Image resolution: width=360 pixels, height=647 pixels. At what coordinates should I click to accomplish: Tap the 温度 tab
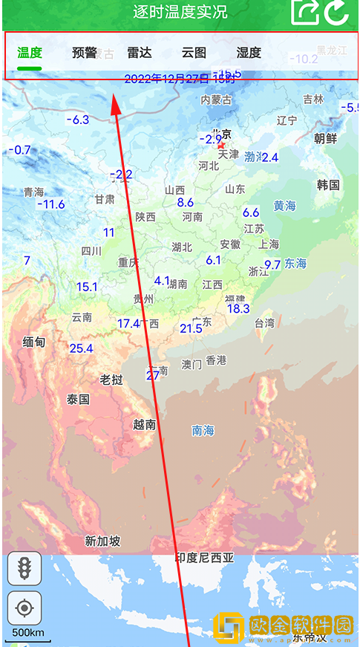[x=30, y=53]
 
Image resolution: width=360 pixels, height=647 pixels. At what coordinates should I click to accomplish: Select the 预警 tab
[x=85, y=53]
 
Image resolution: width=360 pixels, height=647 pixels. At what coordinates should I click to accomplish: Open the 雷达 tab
[x=139, y=53]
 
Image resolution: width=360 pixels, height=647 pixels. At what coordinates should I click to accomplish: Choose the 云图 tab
[x=194, y=53]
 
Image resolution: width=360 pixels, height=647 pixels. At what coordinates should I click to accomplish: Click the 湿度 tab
[x=249, y=53]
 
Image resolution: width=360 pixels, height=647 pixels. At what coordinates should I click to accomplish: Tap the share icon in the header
[x=304, y=12]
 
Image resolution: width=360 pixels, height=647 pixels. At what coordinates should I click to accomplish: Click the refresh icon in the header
[x=338, y=12]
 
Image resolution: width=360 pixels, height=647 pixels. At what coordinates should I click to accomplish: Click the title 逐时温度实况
[x=180, y=12]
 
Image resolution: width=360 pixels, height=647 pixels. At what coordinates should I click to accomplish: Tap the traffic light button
[x=24, y=569]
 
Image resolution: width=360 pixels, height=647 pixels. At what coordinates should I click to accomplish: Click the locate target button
[x=24, y=609]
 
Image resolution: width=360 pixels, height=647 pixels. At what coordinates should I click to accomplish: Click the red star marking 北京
[x=220, y=146]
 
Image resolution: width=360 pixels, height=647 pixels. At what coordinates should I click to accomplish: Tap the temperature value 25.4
[x=81, y=348]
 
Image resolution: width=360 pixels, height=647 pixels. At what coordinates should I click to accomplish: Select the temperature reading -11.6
[x=50, y=204]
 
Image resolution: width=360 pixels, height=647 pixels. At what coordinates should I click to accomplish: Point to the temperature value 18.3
[x=238, y=309]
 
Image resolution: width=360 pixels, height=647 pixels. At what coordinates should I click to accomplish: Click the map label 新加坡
[x=102, y=542]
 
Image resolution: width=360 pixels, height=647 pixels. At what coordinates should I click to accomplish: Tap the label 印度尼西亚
[x=204, y=558]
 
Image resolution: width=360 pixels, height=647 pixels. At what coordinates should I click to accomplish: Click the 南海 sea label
[x=203, y=430]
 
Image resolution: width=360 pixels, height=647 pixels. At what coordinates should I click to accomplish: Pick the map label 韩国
[x=328, y=185]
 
